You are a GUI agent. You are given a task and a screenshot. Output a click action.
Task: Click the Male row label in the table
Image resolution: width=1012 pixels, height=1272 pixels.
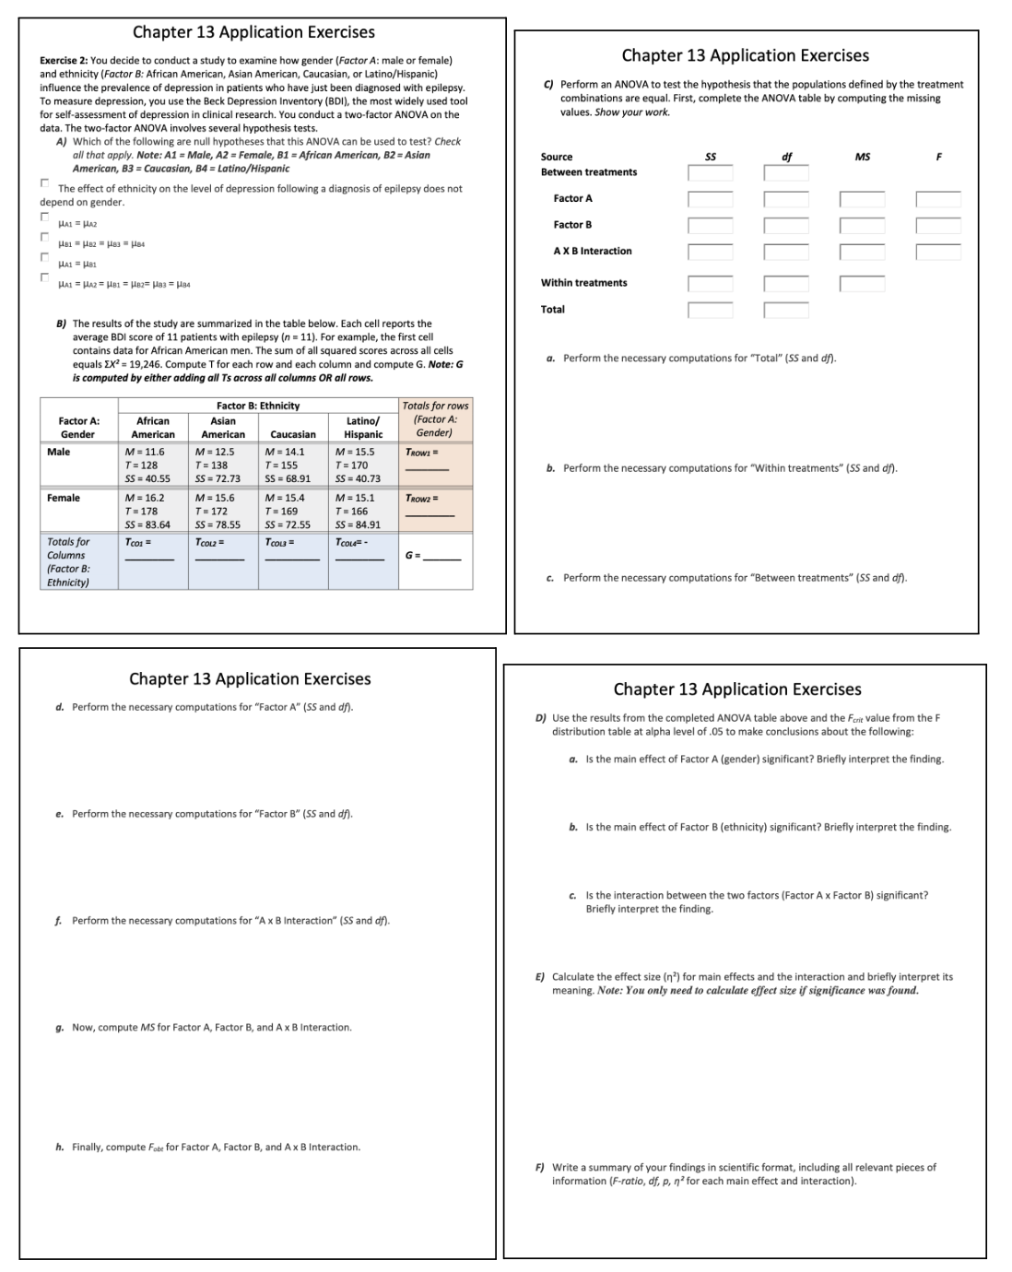point(58,452)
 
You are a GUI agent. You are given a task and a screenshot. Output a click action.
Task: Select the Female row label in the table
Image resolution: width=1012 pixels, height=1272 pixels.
point(63,498)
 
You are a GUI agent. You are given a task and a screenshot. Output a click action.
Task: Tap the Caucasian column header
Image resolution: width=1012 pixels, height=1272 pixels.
point(293,434)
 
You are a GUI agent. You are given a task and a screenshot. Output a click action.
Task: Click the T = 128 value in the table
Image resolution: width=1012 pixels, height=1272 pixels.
point(141,465)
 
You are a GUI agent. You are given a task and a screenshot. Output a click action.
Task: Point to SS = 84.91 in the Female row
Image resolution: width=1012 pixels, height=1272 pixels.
point(358,524)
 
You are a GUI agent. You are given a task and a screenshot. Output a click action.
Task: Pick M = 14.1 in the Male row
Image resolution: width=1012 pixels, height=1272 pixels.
point(284,452)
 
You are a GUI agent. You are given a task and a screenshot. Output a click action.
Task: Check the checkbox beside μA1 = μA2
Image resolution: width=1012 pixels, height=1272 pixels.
point(44,218)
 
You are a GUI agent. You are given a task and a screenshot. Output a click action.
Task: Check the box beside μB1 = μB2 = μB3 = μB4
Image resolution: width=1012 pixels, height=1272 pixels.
point(44,238)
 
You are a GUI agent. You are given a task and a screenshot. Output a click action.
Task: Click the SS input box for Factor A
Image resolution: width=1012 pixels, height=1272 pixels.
point(710,199)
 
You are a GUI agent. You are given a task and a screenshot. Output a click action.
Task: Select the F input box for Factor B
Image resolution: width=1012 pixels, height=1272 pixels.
point(937,225)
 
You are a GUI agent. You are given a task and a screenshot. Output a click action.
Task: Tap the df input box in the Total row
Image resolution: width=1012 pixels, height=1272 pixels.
point(786,310)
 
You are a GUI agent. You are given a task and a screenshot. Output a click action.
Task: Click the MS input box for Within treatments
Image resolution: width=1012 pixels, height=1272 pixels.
point(862,283)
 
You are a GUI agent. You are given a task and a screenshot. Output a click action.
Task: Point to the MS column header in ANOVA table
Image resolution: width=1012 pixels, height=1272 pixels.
point(862,157)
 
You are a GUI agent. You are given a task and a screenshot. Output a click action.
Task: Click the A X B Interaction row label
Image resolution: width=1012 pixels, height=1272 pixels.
point(592,251)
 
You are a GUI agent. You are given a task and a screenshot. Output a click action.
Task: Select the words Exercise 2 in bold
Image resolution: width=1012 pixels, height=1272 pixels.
point(64,60)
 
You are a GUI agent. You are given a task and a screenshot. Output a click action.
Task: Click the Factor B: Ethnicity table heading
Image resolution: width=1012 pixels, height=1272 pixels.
point(258,406)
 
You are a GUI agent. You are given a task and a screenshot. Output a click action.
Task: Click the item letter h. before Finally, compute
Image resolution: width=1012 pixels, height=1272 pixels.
point(60,1147)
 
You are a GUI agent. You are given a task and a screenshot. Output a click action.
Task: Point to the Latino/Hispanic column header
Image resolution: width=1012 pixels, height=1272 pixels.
point(363,428)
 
